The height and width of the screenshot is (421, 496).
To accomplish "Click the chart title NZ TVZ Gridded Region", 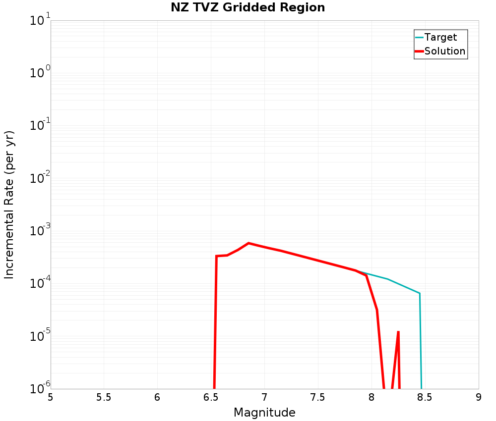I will pyautogui.click(x=248, y=8).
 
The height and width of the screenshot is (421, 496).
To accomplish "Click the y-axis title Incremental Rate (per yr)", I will pyautogui.click(x=9, y=205).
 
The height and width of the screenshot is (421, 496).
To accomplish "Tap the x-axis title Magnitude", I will pyautogui.click(x=264, y=413).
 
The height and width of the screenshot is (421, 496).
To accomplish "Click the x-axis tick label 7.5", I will pyautogui.click(x=318, y=397).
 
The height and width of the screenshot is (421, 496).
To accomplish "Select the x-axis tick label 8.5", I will pyautogui.click(x=425, y=397).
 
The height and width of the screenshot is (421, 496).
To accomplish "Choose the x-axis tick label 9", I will pyautogui.click(x=478, y=397).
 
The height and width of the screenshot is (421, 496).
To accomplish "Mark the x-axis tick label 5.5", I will pyautogui.click(x=104, y=397).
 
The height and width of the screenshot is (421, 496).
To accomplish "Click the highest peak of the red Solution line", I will pyautogui.click(x=248, y=243).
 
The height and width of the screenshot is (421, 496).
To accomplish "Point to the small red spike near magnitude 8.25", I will pyautogui.click(x=398, y=332).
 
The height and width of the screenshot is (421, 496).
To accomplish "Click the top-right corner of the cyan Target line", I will pyautogui.click(x=420, y=294).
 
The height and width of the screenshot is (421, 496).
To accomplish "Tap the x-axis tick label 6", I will pyautogui.click(x=157, y=397).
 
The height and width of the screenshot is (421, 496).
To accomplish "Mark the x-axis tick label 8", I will pyautogui.click(x=372, y=397).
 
